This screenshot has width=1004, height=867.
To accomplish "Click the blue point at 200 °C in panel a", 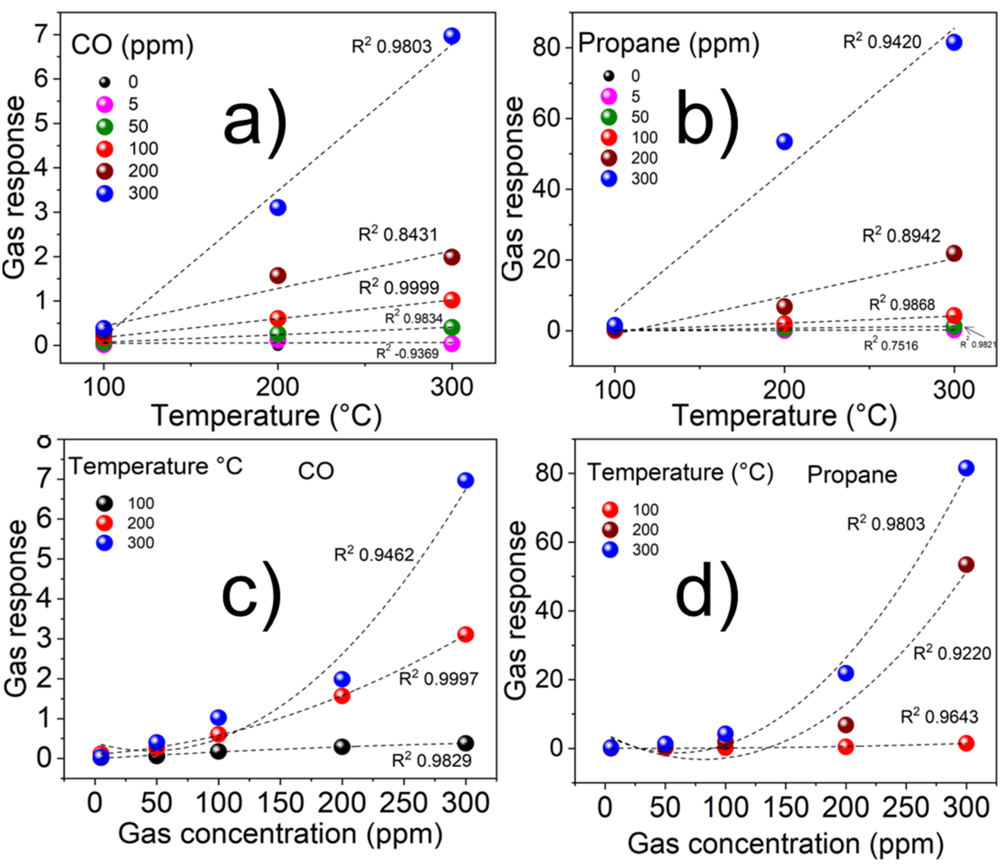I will [x=278, y=207].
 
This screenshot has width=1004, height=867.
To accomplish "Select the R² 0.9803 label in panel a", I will [x=391, y=46].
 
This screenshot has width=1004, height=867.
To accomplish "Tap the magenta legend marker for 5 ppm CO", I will [x=105, y=104].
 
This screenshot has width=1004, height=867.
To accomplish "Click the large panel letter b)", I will [x=708, y=124].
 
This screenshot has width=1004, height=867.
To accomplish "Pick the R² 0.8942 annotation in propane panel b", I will [x=901, y=235].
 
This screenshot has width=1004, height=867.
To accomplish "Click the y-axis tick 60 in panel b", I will [x=547, y=118].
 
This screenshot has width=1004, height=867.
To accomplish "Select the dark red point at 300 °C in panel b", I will [x=954, y=253].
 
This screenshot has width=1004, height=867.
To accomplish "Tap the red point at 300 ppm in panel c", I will [x=465, y=634].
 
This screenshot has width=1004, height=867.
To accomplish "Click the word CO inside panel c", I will [x=316, y=471].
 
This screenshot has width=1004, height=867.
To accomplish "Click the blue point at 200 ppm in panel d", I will [x=845, y=673].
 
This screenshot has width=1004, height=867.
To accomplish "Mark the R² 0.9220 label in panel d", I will [x=952, y=653].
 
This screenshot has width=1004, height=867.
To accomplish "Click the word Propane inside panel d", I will [x=852, y=475].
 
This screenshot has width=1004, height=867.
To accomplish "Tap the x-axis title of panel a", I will [x=266, y=416].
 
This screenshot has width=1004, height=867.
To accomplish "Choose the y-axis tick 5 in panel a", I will [x=42, y=123].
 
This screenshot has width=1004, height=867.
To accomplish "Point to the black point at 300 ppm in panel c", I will [x=466, y=743].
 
